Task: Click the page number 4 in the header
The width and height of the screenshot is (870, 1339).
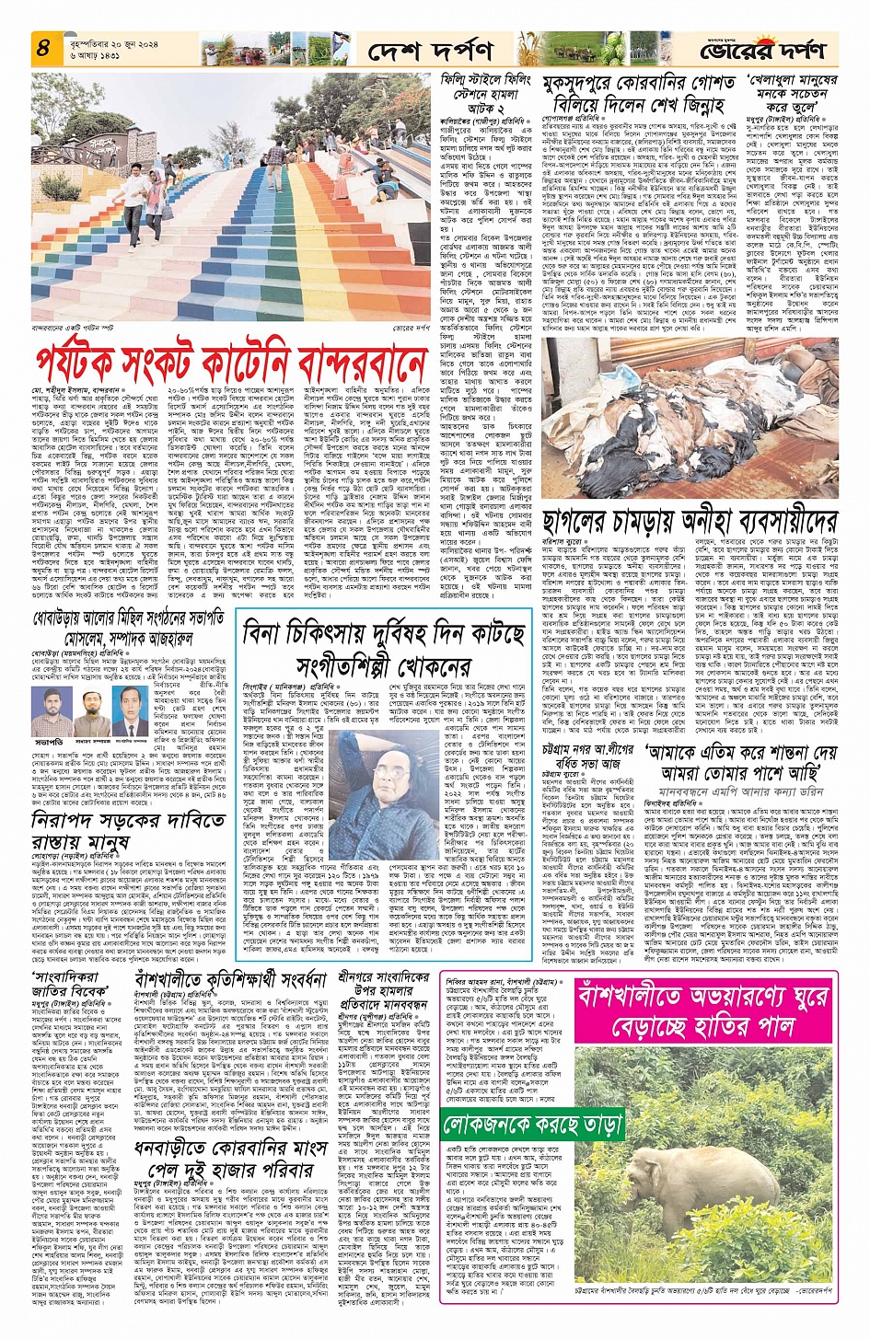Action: tap(42, 48)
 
